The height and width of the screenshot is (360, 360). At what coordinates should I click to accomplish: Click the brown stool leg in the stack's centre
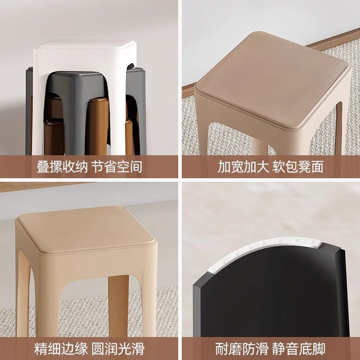pos(97,126)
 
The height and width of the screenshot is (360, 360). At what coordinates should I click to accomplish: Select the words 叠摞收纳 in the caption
pos(62,166)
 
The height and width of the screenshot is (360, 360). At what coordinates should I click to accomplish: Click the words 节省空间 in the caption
pos(117,166)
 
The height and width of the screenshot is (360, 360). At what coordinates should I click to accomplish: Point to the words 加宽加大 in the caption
pos(243,166)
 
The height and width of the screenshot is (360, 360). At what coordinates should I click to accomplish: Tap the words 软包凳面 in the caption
pos(298,166)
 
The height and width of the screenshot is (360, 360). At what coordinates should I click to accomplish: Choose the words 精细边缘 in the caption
pos(61,349)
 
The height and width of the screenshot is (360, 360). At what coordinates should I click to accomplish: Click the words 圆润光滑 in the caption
pos(118,349)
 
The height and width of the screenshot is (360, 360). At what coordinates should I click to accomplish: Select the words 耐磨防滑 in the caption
pos(242,349)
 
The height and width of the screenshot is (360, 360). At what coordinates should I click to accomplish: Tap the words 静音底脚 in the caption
pos(298,349)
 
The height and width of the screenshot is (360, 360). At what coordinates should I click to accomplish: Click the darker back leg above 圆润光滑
pos(118,305)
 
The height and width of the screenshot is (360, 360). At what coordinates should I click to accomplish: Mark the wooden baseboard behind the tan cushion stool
pos(333,39)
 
